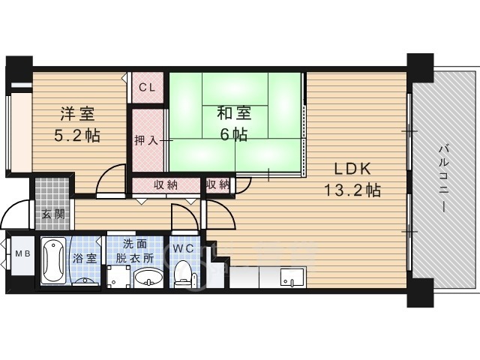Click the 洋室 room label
point(76,113)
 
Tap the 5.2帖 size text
point(76,135)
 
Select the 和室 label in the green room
point(234,113)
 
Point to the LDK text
point(352,169)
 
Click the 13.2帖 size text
point(352,190)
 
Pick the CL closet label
point(147,88)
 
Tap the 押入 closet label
point(146,140)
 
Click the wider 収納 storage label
point(165,185)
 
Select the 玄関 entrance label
point(53,214)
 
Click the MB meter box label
point(22,253)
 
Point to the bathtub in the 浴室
point(53,260)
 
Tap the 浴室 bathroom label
point(85,259)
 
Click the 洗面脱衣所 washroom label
point(135,251)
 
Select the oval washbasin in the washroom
point(148,277)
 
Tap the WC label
point(183,248)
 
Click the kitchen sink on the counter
point(293,277)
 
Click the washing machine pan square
point(118,277)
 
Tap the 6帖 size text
point(234,133)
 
